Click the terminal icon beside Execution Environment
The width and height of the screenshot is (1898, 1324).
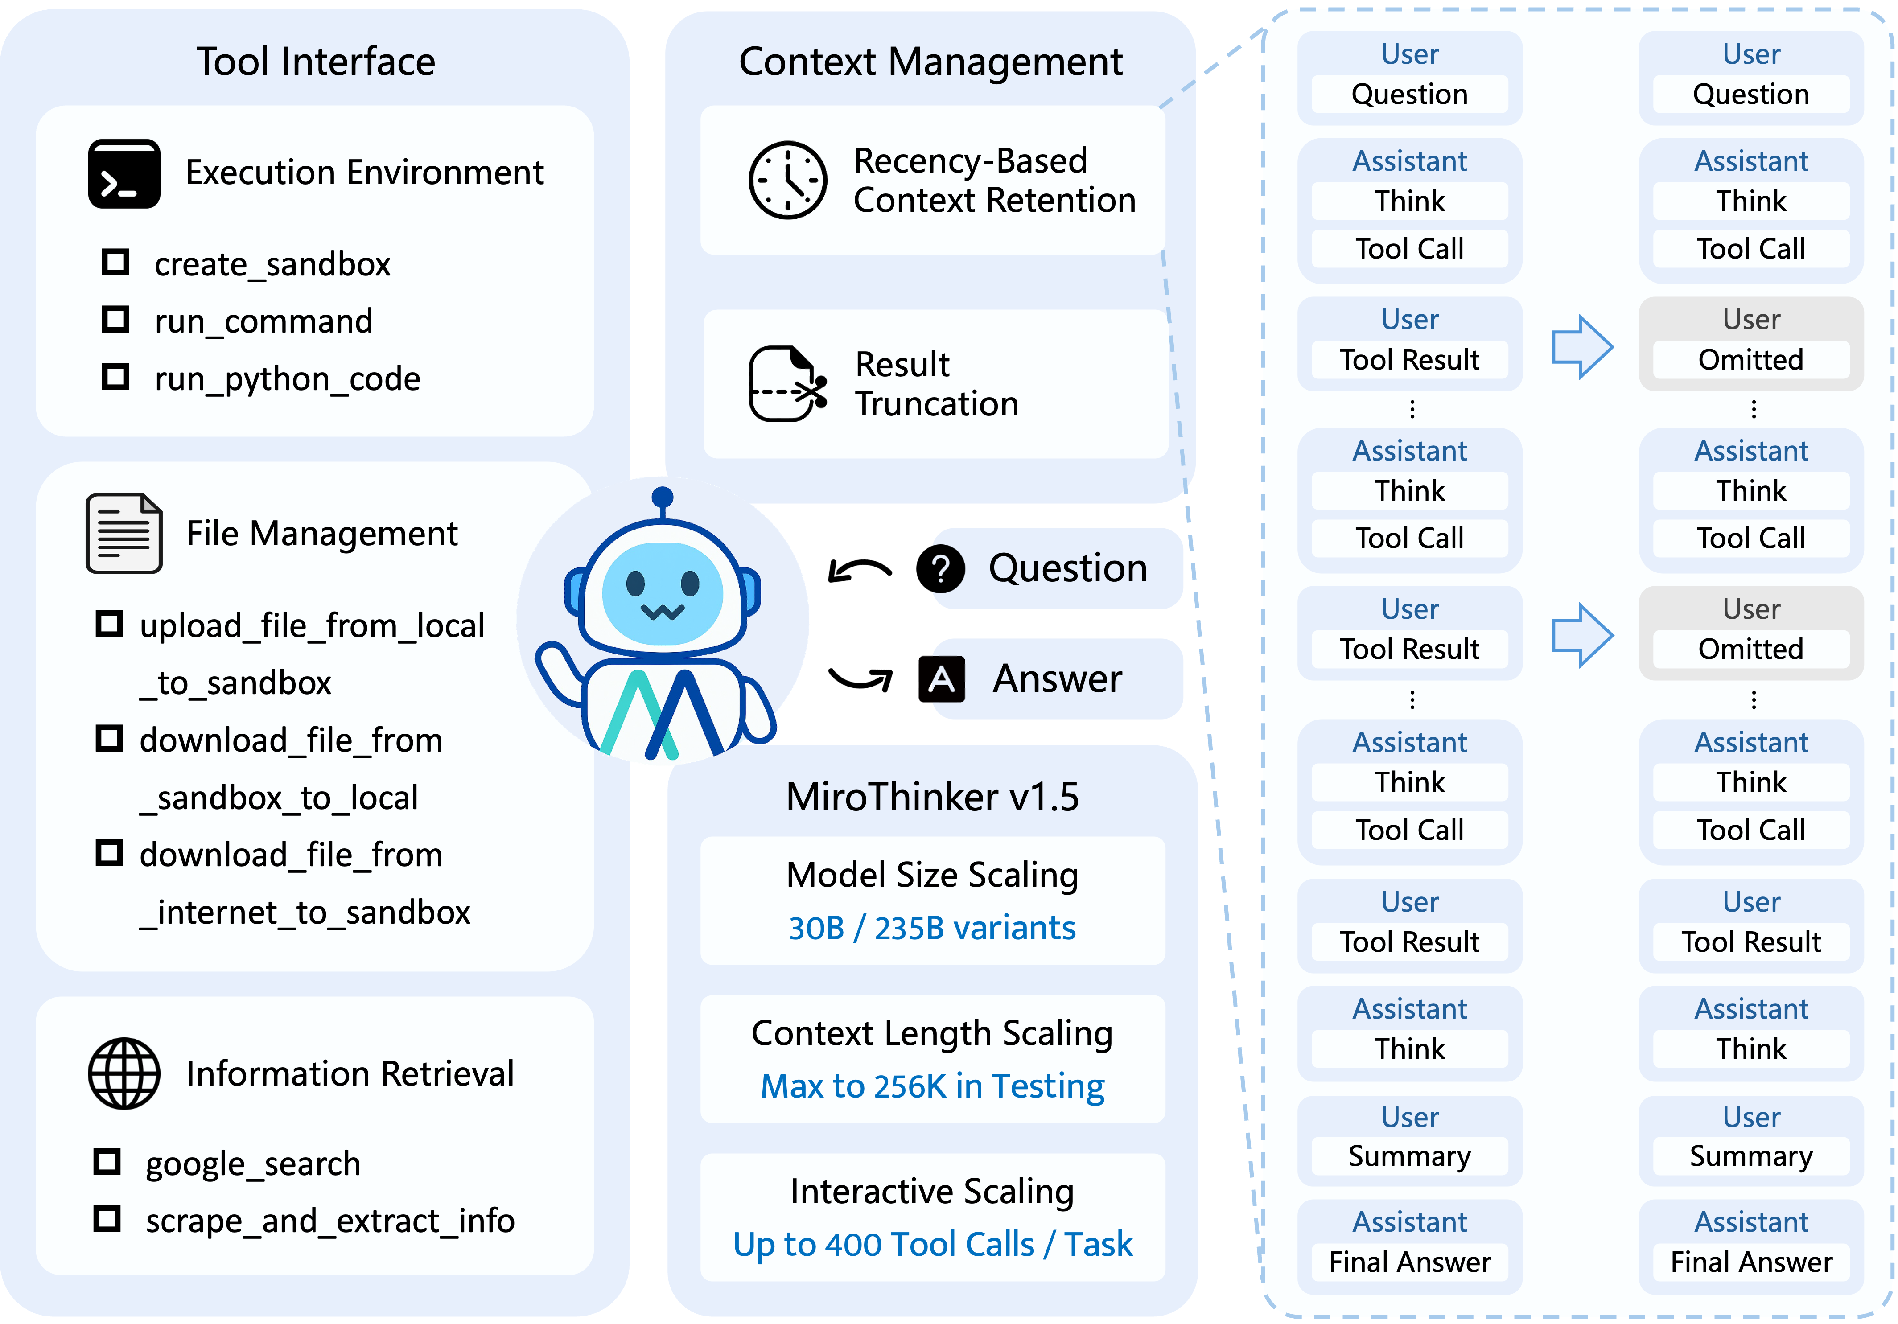tap(124, 173)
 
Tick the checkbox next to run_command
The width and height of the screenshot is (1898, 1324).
tap(115, 319)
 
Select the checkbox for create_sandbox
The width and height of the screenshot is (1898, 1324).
tap(115, 263)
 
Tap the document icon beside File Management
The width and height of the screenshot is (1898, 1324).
tap(124, 533)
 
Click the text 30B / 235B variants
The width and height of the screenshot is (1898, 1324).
tap(932, 928)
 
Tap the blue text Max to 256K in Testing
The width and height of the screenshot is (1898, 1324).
tap(932, 1086)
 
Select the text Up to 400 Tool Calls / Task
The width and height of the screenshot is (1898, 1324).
tap(932, 1244)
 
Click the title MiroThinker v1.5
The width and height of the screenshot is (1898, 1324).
tap(932, 797)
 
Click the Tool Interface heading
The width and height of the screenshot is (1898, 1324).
tap(315, 62)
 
